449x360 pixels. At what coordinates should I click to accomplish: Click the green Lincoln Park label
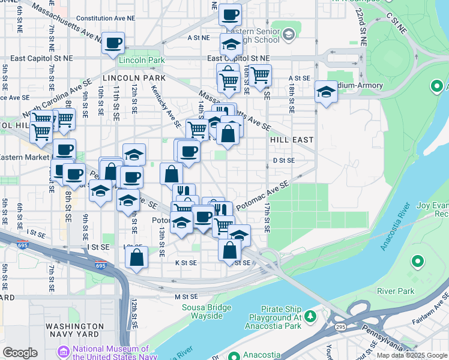142,61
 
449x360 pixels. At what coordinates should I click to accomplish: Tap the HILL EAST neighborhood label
292,140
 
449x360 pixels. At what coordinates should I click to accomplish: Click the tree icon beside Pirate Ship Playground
310,316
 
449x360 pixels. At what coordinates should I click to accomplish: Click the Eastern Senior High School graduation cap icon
289,34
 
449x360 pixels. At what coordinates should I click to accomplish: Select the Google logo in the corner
20,353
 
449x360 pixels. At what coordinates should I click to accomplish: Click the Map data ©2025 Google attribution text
411,355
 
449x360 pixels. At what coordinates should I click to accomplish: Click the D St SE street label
283,161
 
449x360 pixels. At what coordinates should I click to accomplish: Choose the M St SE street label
186,296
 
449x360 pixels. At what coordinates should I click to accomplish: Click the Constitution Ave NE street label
106,19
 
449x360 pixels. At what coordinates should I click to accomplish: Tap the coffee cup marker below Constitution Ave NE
113,43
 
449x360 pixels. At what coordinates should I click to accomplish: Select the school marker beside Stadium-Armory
326,92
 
